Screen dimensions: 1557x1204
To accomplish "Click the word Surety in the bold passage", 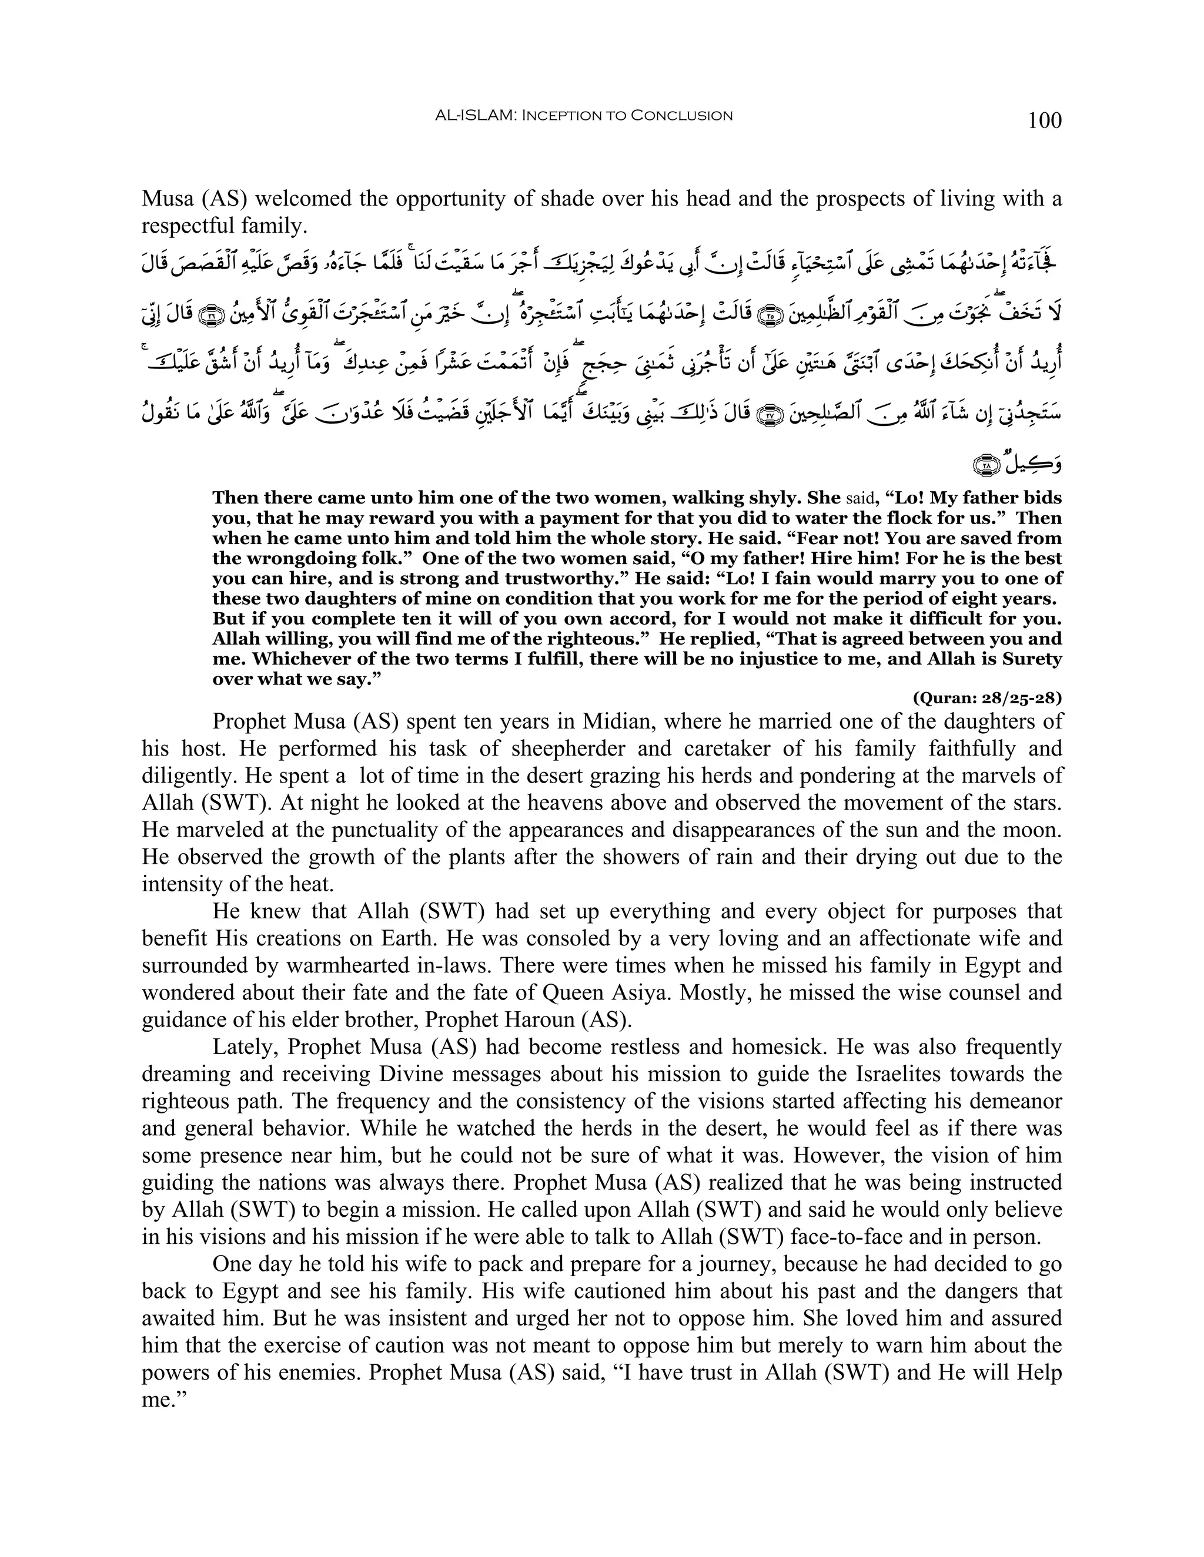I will tap(1026, 659).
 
